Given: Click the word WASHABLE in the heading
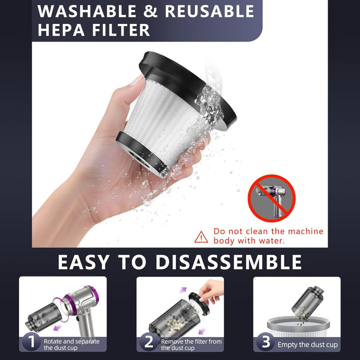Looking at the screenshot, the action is pyautogui.click(x=87, y=11).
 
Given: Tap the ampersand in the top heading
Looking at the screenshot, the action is pyautogui.click(x=150, y=11).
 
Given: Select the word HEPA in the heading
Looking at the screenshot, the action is pyautogui.click(x=61, y=30).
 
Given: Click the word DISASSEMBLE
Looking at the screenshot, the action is pyautogui.click(x=228, y=262).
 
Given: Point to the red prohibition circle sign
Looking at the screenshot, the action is pyautogui.click(x=271, y=198).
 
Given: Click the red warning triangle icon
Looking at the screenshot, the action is pyautogui.click(x=201, y=237).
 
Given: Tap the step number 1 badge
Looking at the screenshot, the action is pyautogui.click(x=31, y=341).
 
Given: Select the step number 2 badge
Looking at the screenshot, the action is pyautogui.click(x=149, y=341).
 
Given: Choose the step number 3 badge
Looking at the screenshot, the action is pyautogui.click(x=265, y=341).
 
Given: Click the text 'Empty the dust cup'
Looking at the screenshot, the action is pyautogui.click(x=307, y=344).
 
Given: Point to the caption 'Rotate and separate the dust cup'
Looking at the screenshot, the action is pyautogui.click(x=71, y=344).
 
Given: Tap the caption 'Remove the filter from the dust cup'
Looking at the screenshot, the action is pyautogui.click(x=191, y=344).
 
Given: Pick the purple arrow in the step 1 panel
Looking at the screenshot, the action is pyautogui.click(x=57, y=327).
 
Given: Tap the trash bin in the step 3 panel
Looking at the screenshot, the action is pyautogui.click(x=298, y=326).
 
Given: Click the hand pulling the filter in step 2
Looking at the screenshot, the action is pyautogui.click(x=211, y=291).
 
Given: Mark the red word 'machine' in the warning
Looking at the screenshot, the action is pyautogui.click(x=305, y=231).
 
